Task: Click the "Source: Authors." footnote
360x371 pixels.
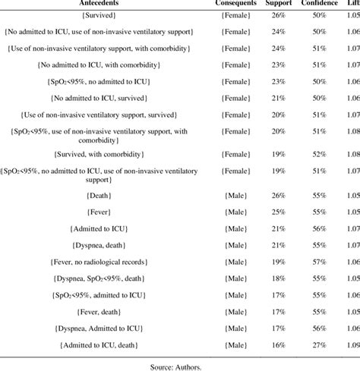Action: [x=180, y=363]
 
